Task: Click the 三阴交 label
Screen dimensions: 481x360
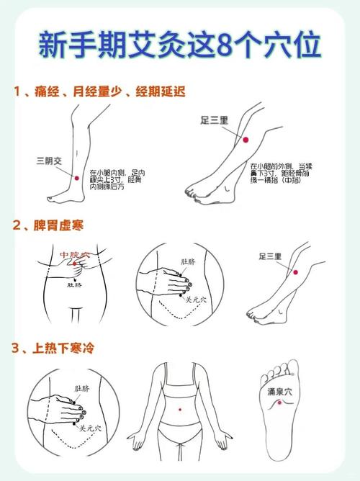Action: pos(50,160)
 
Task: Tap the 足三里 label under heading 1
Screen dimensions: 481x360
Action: pos(214,122)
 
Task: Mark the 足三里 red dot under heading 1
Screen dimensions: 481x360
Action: pos(246,139)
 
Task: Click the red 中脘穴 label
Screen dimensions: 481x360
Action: pos(74,256)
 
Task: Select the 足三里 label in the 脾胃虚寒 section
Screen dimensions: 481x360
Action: pos(273,256)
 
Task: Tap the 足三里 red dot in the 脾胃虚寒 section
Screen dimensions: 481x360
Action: pos(294,271)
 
